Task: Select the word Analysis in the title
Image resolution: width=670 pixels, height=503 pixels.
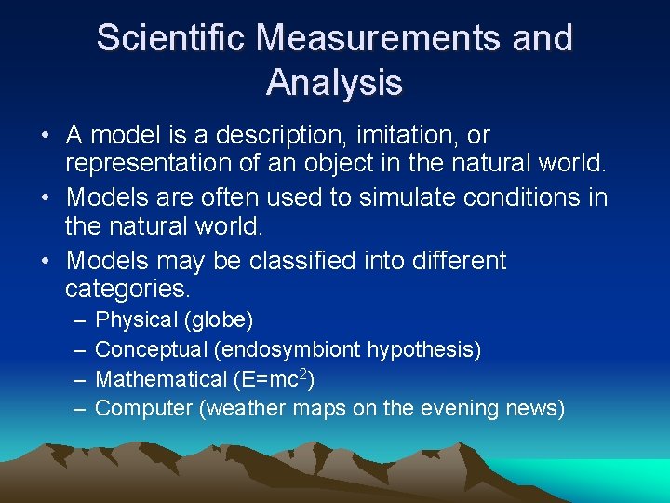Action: coord(334,83)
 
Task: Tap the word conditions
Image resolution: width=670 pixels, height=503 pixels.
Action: coord(525,198)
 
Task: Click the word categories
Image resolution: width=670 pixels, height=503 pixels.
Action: coord(133,289)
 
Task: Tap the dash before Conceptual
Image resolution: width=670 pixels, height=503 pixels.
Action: coord(76,350)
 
